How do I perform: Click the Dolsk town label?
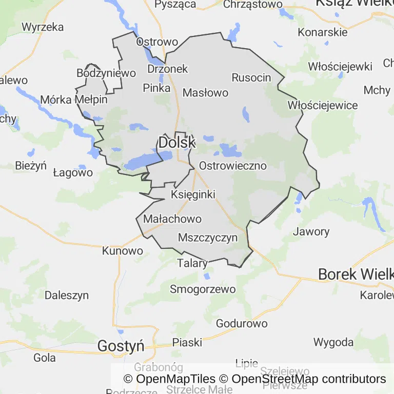click(177, 143)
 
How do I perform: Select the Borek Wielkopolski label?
click(356, 274)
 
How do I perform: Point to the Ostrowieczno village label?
click(233, 166)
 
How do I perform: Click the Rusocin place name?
click(251, 77)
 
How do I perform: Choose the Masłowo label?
click(205, 93)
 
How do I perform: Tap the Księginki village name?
click(193, 194)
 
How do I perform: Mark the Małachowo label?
click(172, 219)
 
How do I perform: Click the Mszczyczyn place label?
click(208, 238)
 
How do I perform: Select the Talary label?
click(192, 264)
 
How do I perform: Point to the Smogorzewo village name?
click(203, 289)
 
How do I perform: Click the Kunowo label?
click(123, 251)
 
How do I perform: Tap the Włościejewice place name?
click(323, 105)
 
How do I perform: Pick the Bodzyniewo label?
click(106, 73)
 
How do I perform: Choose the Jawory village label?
click(311, 231)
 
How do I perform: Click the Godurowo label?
click(242, 323)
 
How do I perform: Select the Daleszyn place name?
click(67, 295)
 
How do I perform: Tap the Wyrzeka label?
click(43, 27)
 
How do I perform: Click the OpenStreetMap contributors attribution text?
click(308, 379)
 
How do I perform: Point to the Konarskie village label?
click(323, 32)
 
